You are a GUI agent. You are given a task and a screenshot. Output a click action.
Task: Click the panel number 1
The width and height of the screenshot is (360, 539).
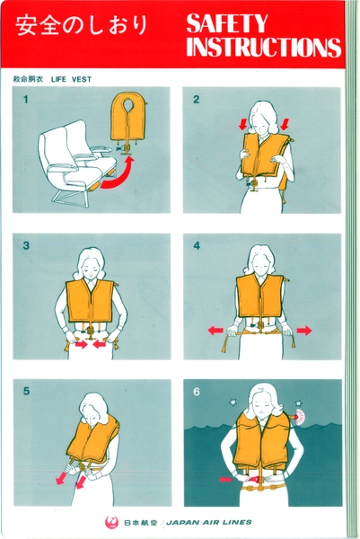27,100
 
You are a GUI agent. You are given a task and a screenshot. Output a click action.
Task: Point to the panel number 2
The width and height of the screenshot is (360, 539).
196,100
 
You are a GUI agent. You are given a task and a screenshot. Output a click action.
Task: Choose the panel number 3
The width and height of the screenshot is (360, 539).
27,246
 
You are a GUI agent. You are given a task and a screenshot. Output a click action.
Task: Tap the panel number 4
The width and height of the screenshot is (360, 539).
196,246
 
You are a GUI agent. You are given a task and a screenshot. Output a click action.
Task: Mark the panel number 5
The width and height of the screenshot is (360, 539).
27,392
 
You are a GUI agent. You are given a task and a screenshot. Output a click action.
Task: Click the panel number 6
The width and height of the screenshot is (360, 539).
196,392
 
